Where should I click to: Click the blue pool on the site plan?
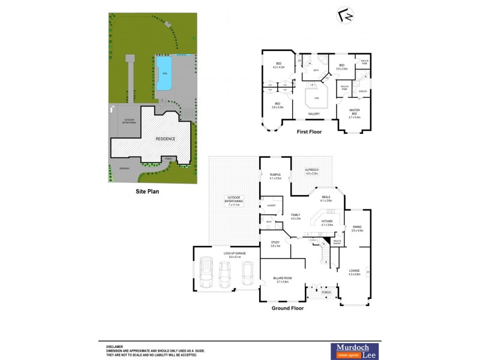[x=163, y=74]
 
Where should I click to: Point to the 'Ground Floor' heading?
[x=288, y=308]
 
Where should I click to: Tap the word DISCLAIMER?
[x=115, y=346]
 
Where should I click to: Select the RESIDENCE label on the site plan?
[x=166, y=139]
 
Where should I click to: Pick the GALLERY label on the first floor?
[x=314, y=113]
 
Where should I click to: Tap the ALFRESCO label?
[x=311, y=170]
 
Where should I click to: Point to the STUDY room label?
[x=275, y=243]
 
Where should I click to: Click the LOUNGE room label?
[x=354, y=271]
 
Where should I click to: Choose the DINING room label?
[x=357, y=227]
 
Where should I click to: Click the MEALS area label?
[x=326, y=197]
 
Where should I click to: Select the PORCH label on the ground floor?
[x=326, y=292]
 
